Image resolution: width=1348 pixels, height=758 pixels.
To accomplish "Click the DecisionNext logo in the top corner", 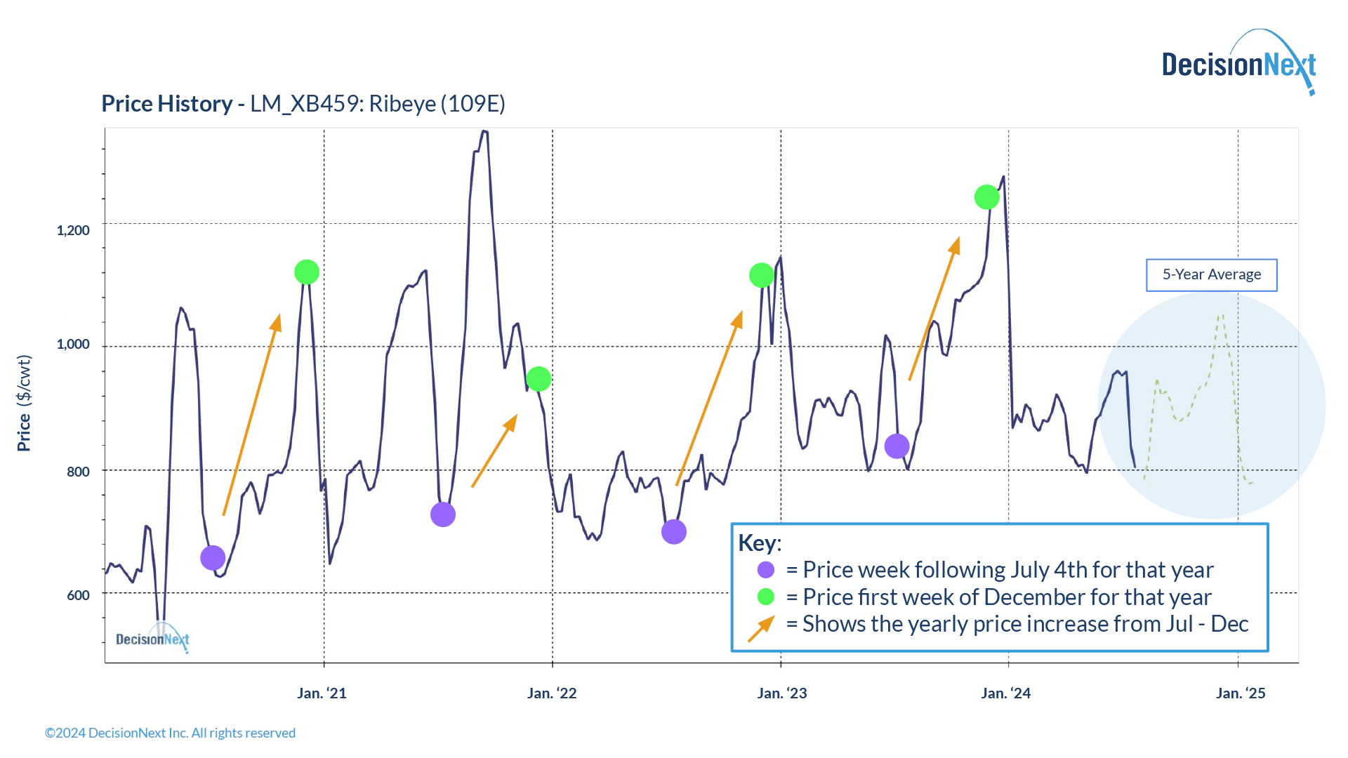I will (x=1238, y=64).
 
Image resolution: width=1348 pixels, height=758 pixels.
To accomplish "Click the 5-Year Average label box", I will (x=1211, y=274).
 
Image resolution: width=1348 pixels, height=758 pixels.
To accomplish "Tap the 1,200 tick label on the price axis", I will (x=73, y=230).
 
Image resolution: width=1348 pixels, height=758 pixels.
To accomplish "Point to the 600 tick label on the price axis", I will (x=78, y=595).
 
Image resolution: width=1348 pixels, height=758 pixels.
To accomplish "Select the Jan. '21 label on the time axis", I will (x=322, y=693).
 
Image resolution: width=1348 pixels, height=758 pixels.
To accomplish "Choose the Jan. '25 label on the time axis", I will (x=1241, y=693).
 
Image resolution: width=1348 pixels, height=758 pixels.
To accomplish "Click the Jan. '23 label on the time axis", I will (x=782, y=693).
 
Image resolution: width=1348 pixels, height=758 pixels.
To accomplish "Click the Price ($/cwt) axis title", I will (x=24, y=403).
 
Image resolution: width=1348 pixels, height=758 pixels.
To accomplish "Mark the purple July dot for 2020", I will (x=213, y=558).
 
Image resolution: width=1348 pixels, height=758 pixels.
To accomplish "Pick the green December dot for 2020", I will (x=307, y=272).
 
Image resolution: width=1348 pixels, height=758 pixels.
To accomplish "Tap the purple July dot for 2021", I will (x=443, y=514).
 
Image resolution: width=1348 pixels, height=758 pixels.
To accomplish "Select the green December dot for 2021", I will (x=538, y=379).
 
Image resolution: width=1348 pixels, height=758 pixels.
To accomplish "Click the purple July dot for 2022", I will (x=674, y=532).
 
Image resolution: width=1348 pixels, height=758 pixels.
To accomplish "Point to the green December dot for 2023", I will (x=987, y=197).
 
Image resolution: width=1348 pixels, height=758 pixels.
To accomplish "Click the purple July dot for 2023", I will (x=897, y=446).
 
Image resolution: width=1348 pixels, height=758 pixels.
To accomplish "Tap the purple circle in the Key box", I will (x=766, y=570).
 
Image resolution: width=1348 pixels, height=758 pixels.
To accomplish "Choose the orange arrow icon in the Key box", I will (x=762, y=627).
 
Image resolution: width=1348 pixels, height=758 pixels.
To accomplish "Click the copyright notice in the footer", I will (x=170, y=733).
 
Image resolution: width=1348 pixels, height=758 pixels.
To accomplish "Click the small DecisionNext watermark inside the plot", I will (x=153, y=639).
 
